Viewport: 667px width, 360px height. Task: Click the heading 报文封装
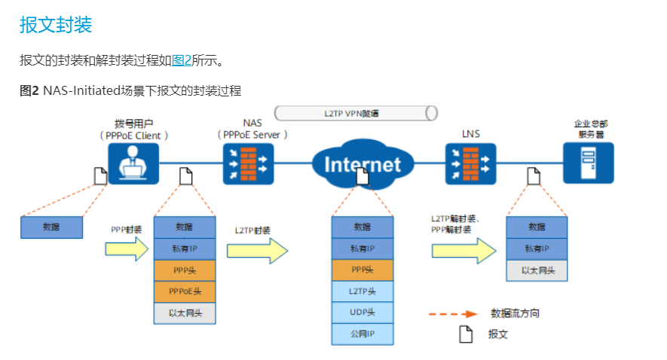[56, 25]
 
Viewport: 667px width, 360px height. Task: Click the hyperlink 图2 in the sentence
[182, 60]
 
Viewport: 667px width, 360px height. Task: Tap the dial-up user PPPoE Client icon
[134, 163]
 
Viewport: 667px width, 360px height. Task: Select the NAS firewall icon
[248, 163]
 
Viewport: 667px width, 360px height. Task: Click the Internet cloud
[363, 163]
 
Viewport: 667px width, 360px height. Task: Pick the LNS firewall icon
[470, 163]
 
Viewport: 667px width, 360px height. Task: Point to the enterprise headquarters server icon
[589, 163]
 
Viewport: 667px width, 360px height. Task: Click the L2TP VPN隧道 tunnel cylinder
[356, 113]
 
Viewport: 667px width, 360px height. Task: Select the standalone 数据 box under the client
[51, 227]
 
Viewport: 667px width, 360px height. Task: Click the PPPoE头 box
[185, 291]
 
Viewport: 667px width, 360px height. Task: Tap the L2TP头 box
[363, 291]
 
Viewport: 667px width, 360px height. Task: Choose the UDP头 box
[363, 313]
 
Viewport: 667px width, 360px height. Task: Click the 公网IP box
[363, 334]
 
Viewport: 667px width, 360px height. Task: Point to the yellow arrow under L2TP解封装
[464, 250]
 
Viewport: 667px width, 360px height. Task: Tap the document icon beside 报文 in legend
[466, 334]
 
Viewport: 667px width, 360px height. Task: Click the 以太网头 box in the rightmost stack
[537, 270]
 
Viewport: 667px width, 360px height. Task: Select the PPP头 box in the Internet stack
[363, 270]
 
